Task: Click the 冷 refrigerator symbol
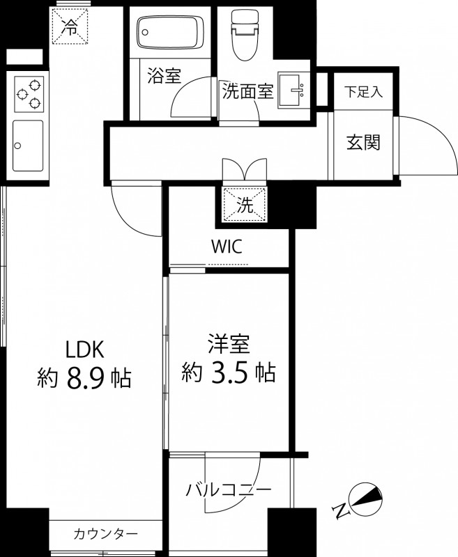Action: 70,27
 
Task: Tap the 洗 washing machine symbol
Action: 245,205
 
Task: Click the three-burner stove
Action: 27,94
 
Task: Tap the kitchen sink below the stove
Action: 27,145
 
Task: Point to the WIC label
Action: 227,247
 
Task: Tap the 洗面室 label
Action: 247,91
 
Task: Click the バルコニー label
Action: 228,489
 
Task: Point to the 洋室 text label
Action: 229,345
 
